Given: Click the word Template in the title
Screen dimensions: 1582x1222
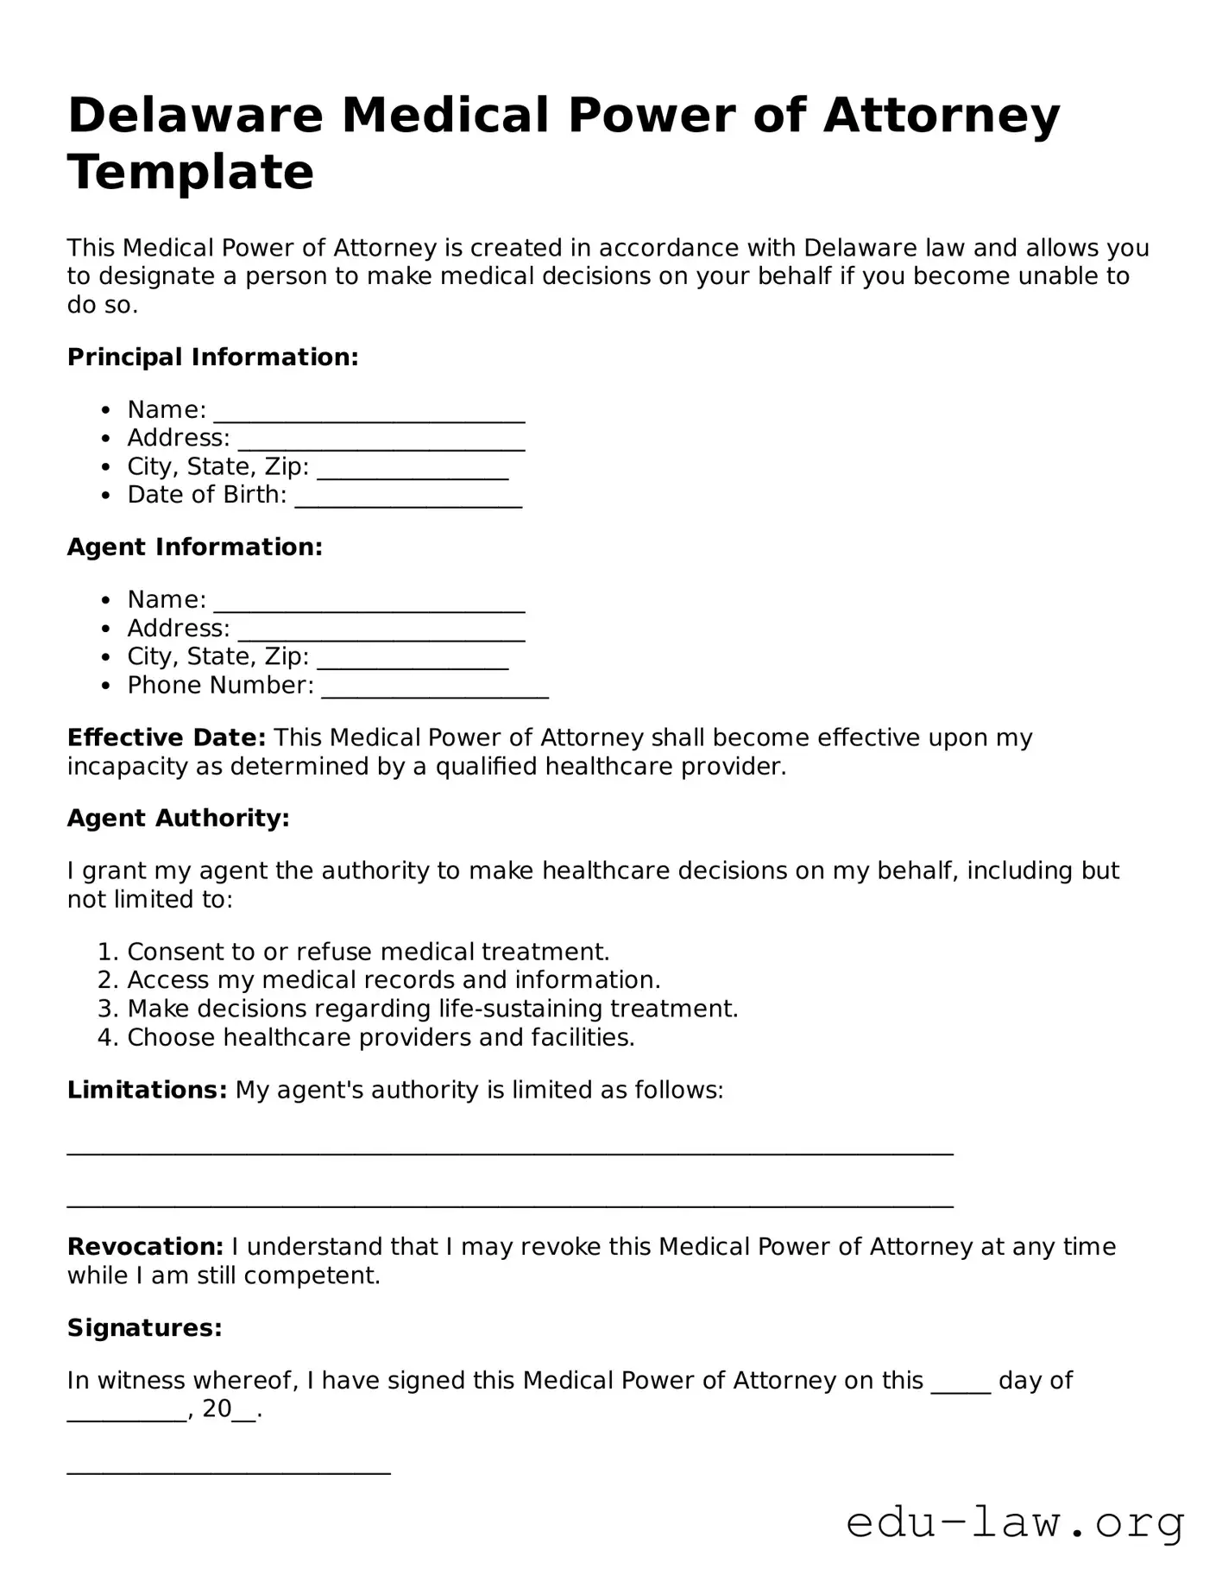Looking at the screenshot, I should (191, 172).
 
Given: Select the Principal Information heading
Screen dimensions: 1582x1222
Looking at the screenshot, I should (212, 358).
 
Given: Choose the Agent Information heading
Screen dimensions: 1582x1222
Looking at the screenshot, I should (195, 547).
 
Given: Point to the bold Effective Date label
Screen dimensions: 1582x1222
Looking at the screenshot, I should (167, 738).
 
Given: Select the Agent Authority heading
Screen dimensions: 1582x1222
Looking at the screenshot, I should (179, 819).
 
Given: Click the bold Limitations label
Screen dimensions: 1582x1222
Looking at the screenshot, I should (147, 1091).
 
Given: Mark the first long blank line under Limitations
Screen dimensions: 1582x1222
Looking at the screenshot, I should (510, 1152).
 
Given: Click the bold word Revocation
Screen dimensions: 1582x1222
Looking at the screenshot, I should (145, 1247).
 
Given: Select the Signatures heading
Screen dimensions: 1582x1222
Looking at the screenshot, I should (145, 1328).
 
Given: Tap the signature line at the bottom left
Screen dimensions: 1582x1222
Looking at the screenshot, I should (229, 1471).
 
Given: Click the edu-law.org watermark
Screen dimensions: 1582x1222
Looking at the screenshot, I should (1015, 1523).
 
